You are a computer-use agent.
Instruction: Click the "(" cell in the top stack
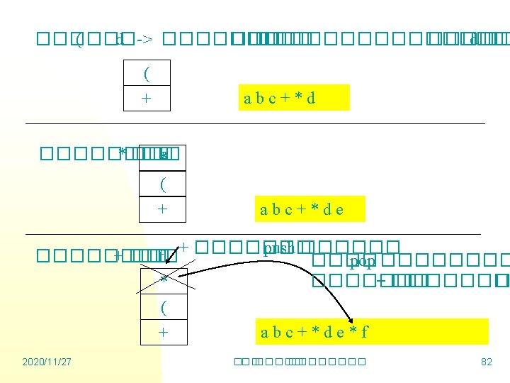pyautogui.click(x=147, y=74)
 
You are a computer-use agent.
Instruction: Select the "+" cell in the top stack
pyautogui.click(x=147, y=98)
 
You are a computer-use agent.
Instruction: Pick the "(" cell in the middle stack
pyautogui.click(x=163, y=184)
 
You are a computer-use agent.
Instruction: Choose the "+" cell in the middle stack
pyautogui.click(x=163, y=209)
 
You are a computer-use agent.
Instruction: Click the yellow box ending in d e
pyautogui.click(x=311, y=209)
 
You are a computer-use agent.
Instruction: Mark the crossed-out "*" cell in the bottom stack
pyautogui.click(x=164, y=280)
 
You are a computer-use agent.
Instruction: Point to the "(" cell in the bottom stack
pyautogui.click(x=164, y=308)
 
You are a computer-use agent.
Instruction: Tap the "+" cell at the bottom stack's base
pyautogui.click(x=164, y=332)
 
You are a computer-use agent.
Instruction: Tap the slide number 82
pyautogui.click(x=486, y=362)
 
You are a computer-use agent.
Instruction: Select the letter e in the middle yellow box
pyautogui.click(x=340, y=209)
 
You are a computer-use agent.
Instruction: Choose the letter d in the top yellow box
pyautogui.click(x=311, y=98)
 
